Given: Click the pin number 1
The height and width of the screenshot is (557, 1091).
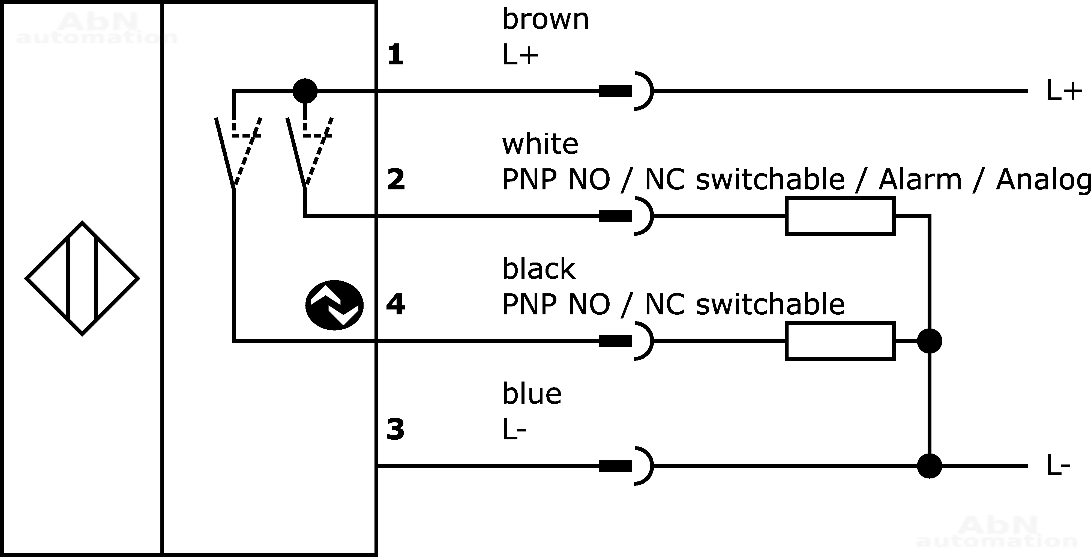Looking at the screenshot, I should click(395, 55).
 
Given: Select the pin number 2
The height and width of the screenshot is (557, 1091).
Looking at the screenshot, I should click(395, 180).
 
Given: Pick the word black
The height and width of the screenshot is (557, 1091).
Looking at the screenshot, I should click(538, 269).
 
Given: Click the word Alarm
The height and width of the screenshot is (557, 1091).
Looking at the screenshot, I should click(920, 180).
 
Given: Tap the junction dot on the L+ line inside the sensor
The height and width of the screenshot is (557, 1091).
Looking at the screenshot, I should click(305, 91).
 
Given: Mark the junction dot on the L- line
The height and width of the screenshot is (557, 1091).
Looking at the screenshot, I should click(929, 466).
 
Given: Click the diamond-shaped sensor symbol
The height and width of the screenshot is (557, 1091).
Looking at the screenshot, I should click(82, 278).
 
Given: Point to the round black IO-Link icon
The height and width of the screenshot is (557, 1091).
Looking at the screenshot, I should click(334, 305).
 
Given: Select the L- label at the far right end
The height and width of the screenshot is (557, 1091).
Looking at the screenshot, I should click(1058, 466).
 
